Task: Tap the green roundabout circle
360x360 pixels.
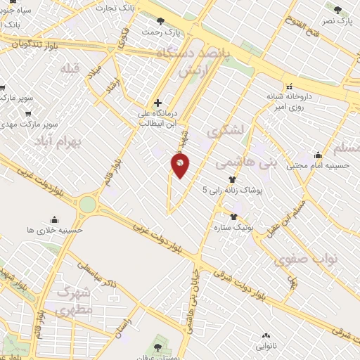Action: pyautogui.click(x=87, y=204)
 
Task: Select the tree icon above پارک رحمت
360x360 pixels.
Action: pyautogui.click(x=161, y=22)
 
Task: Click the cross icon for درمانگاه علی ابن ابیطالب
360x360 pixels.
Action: pyautogui.click(x=157, y=103)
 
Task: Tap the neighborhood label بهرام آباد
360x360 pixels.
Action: pyautogui.click(x=58, y=141)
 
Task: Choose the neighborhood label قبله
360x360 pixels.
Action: pyautogui.click(x=72, y=69)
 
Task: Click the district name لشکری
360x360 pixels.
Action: pyautogui.click(x=227, y=130)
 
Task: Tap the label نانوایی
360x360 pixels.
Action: pyautogui.click(x=265, y=347)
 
